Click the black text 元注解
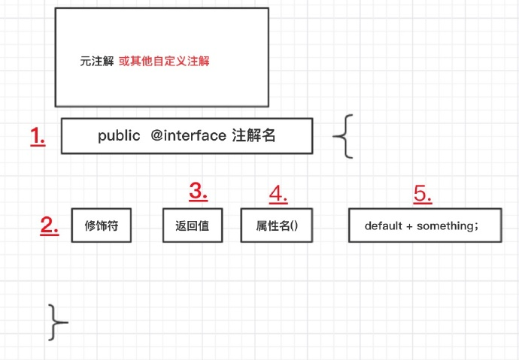[x=96, y=61]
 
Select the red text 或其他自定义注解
[x=164, y=61]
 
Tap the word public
[x=119, y=136]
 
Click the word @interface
[x=188, y=135]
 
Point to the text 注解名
[x=253, y=135]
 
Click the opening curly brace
[x=343, y=136]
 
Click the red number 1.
[x=38, y=136]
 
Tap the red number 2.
[x=50, y=225]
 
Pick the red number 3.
[x=199, y=191]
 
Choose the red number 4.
[x=278, y=194]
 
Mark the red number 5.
[x=423, y=194]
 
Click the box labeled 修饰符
[x=102, y=225]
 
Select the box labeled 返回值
[x=193, y=225]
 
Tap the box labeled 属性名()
[x=277, y=225]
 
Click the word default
[x=384, y=225]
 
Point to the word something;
[x=448, y=226]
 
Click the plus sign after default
[x=409, y=226]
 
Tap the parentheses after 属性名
[x=294, y=225]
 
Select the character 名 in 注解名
[x=269, y=135]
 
